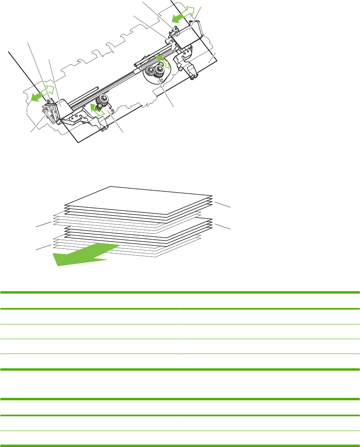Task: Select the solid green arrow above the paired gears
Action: (x=160, y=60)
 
